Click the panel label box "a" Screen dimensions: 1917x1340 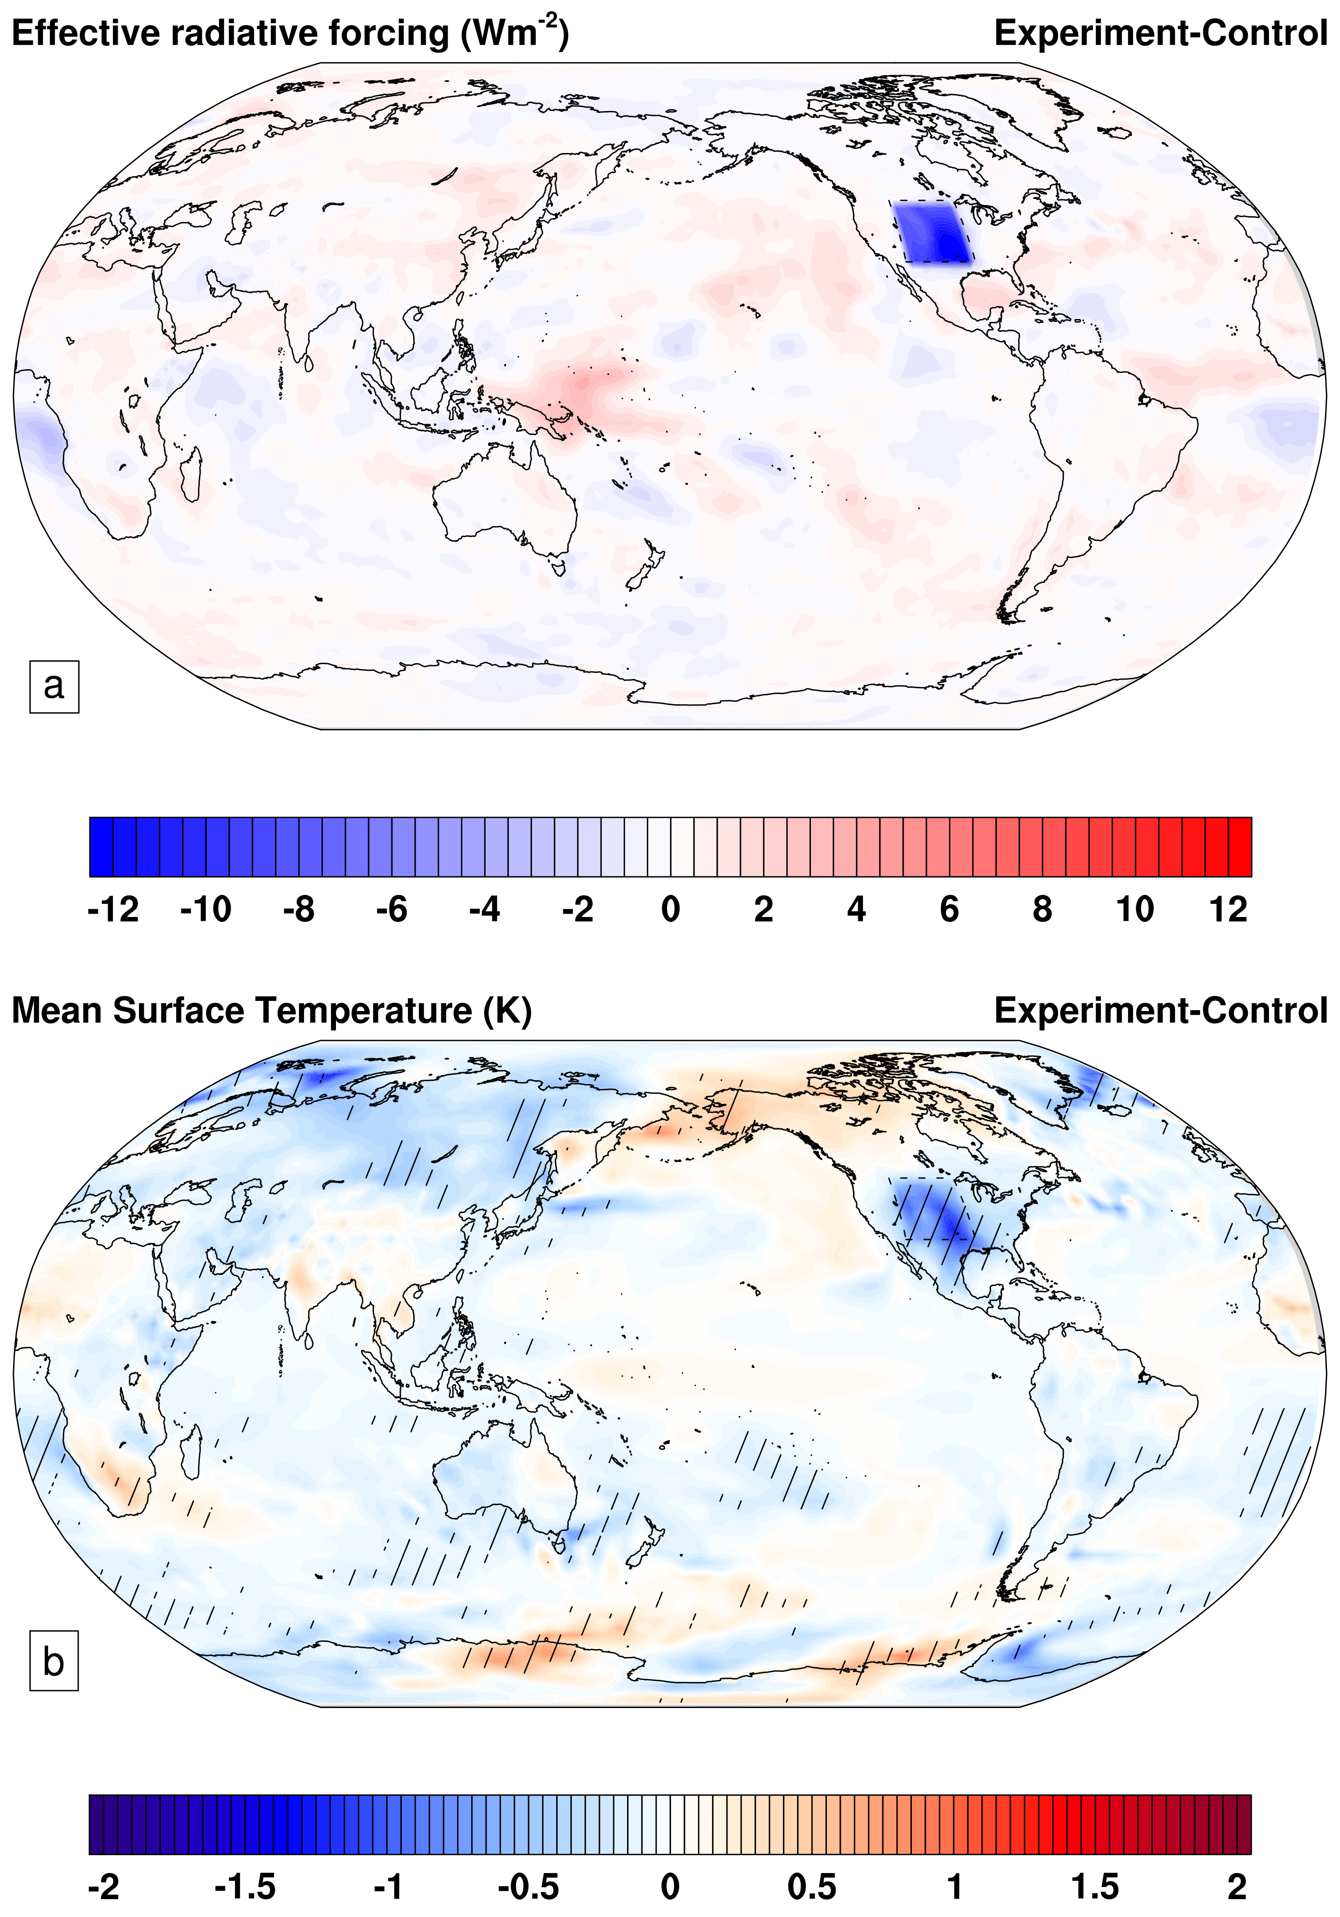coord(54,686)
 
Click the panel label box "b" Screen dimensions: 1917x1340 coord(54,1662)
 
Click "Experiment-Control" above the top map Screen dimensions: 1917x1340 coord(1160,33)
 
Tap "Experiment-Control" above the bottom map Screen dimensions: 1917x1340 coord(1160,1010)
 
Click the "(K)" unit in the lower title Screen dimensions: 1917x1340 coord(507,1010)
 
